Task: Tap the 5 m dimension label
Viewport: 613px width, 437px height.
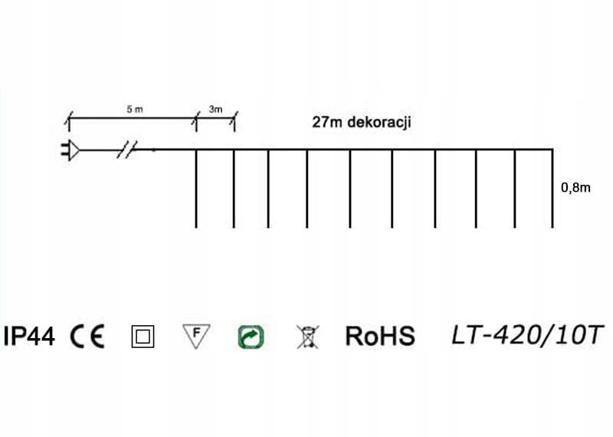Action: click(x=134, y=110)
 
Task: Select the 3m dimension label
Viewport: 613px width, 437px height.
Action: click(x=215, y=110)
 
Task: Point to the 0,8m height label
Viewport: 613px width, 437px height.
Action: click(x=575, y=187)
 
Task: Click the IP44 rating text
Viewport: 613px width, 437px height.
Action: click(x=29, y=336)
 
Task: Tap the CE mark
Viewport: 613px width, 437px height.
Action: click(x=87, y=336)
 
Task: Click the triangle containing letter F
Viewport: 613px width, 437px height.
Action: click(x=197, y=335)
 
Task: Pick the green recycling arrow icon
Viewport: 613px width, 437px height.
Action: click(x=251, y=336)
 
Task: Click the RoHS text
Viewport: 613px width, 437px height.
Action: click(x=380, y=336)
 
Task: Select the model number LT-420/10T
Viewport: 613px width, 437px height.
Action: click(x=528, y=335)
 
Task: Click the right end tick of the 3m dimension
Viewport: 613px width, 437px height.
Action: click(x=234, y=120)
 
